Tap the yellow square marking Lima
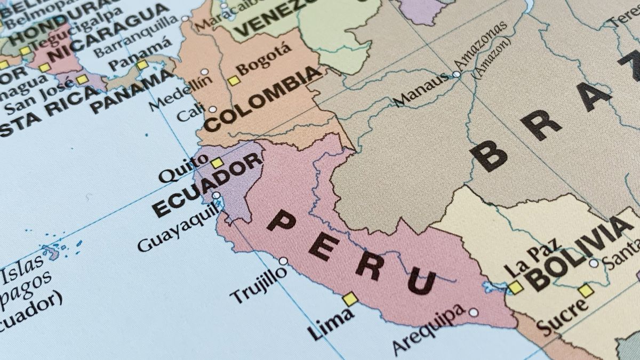[x=350, y=299]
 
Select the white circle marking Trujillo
[x=283, y=261]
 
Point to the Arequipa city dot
[x=473, y=312]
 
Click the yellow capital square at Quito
[x=217, y=163]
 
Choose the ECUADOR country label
[x=208, y=184]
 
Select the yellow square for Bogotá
[x=234, y=81]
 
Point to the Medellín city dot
[x=204, y=71]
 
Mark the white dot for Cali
[x=212, y=109]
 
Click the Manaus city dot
[x=457, y=74]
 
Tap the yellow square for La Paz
[x=515, y=287]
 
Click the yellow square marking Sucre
[x=586, y=291]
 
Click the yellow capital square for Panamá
[x=142, y=65]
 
